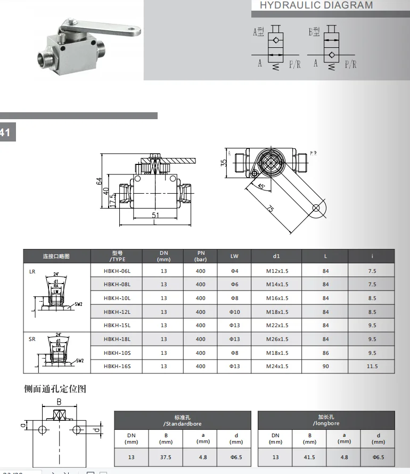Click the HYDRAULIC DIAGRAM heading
click(x=316, y=5)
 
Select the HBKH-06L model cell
click(x=117, y=271)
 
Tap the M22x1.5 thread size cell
click(x=277, y=326)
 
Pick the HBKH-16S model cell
click(x=117, y=366)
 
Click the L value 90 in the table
click(x=325, y=366)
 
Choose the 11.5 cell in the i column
click(x=372, y=366)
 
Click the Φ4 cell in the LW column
click(x=234, y=271)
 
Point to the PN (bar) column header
click(x=200, y=256)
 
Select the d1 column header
click(x=276, y=256)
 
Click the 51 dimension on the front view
click(x=155, y=215)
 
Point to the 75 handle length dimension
click(x=270, y=210)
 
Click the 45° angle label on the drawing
click(x=261, y=187)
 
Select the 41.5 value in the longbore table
click(x=309, y=457)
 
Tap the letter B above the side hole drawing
click(x=60, y=402)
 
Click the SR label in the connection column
click(x=32, y=339)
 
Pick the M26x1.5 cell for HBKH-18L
click(x=277, y=339)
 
